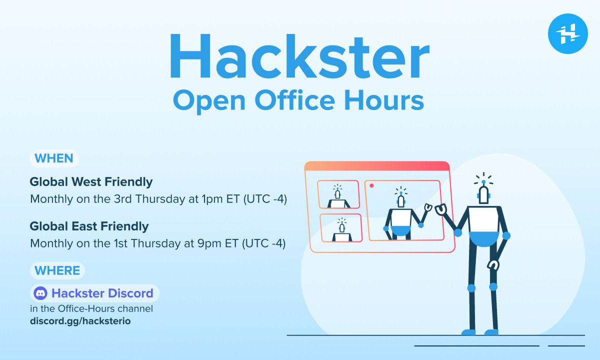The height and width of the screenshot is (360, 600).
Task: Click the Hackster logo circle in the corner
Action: pyautogui.click(x=568, y=34)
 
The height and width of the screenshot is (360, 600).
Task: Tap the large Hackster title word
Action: pyautogui.click(x=299, y=56)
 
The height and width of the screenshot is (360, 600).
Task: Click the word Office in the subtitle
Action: pyautogui.click(x=295, y=100)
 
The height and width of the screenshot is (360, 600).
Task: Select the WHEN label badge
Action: pyautogui.click(x=54, y=158)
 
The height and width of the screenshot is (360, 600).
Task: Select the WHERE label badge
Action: pyautogui.click(x=57, y=270)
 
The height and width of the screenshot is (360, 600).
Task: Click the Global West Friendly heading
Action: pyautogui.click(x=91, y=182)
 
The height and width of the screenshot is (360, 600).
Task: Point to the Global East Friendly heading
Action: pyautogui.click(x=89, y=226)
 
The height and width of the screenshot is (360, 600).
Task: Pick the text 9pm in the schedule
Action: pyautogui.click(x=209, y=244)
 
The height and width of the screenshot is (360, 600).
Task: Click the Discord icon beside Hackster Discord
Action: pyautogui.click(x=40, y=293)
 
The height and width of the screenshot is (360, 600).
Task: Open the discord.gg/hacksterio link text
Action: pyautogui.click(x=80, y=321)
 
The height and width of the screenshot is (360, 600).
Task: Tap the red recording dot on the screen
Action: pyautogui.click(x=371, y=185)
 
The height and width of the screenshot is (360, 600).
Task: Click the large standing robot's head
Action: pyautogui.click(x=483, y=194)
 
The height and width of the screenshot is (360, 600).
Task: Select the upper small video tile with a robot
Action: pyautogui.click(x=338, y=194)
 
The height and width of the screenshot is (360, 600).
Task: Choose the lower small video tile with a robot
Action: pyautogui.click(x=341, y=228)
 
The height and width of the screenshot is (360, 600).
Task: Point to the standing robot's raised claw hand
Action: pyautogui.click(x=441, y=209)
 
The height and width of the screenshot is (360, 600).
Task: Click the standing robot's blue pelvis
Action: pyautogui.click(x=484, y=239)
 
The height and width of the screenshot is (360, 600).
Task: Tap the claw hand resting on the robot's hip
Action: pyautogui.click(x=493, y=265)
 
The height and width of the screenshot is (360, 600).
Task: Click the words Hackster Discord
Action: pyautogui.click(x=102, y=293)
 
